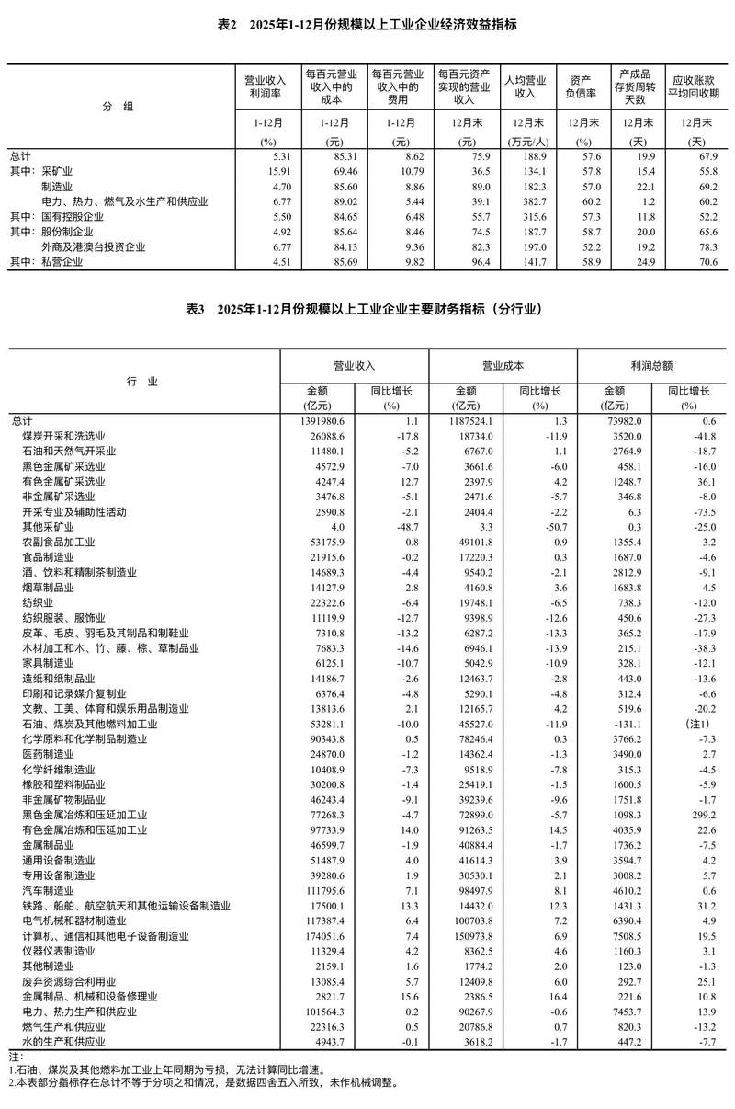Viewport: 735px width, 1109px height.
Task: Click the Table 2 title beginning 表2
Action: click(x=367, y=26)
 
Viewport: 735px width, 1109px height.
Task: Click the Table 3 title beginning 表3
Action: click(x=367, y=310)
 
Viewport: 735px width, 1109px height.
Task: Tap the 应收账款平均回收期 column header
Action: click(x=696, y=86)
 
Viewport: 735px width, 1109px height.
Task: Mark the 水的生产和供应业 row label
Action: click(x=63, y=1042)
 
